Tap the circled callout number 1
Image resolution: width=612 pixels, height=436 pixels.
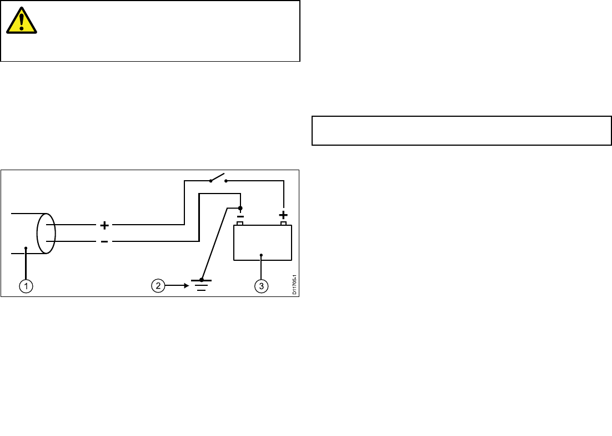coord(26,286)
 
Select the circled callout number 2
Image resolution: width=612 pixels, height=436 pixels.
coord(159,286)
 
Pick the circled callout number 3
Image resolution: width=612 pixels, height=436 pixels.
coord(261,286)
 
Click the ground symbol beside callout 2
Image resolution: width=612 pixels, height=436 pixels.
coord(201,284)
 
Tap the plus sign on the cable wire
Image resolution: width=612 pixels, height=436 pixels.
coord(104,225)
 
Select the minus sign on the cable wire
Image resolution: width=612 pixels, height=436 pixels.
coord(104,241)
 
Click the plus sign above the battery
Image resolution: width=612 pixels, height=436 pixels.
coord(283,215)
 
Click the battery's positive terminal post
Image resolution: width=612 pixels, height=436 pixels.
coord(283,224)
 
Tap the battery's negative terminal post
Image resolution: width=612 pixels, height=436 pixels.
coord(240,224)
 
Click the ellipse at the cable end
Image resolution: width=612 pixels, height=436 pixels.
coord(46,233)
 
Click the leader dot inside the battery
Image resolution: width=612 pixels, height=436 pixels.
coord(261,255)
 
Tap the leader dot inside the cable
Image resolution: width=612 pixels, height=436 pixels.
coord(26,249)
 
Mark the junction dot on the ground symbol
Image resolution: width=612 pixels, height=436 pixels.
coord(201,280)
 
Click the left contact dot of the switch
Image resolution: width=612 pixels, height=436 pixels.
coord(209,181)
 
